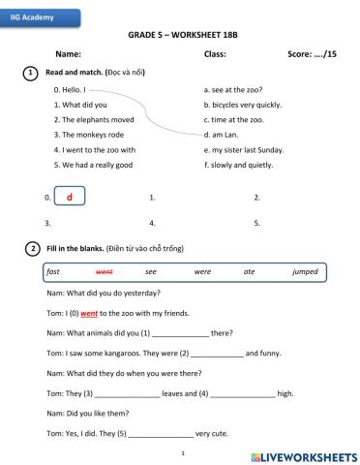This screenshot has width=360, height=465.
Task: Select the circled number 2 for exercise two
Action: click(32, 249)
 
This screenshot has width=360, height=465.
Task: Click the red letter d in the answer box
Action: click(70, 197)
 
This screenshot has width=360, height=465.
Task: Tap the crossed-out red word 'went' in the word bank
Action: click(104, 272)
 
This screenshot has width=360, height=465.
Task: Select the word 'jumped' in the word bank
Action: click(305, 272)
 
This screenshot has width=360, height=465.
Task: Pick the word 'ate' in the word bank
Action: click(249, 272)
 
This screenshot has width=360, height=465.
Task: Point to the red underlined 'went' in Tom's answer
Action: click(89, 313)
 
